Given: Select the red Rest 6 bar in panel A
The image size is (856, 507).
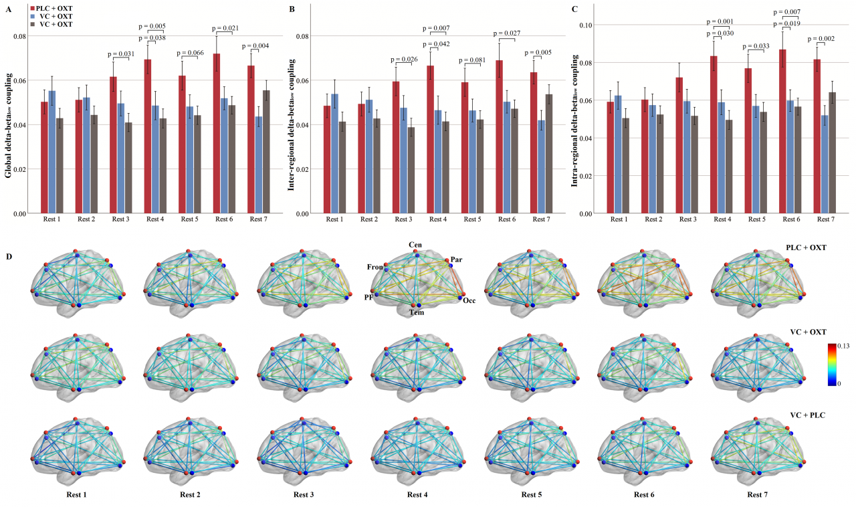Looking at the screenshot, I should [x=216, y=134].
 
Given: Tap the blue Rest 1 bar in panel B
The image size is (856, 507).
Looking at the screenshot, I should [x=334, y=154].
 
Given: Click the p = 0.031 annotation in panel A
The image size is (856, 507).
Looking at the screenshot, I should [x=121, y=54].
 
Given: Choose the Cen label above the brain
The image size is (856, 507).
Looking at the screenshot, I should [x=415, y=245].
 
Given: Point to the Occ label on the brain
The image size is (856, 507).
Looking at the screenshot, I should [x=469, y=300].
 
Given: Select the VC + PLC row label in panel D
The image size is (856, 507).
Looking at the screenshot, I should [x=807, y=415].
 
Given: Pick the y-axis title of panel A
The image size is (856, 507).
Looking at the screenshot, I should [x=9, y=124].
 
